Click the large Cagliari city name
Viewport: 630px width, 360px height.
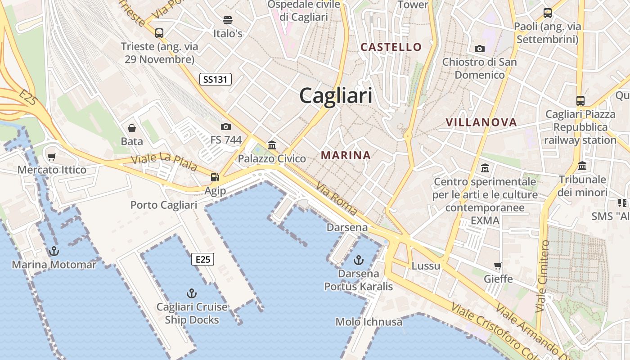(336, 96)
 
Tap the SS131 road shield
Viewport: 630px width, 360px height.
(216, 80)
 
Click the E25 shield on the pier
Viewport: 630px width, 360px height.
(202, 259)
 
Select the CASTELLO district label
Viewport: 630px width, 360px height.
(391, 47)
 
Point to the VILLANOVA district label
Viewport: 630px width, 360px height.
(481, 122)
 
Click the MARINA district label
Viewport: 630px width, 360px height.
(346, 155)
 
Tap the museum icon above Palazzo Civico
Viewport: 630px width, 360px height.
(272, 145)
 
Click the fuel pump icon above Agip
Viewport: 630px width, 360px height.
(215, 177)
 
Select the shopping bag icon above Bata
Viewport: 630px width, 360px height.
(132, 128)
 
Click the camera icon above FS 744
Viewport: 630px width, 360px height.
(226, 126)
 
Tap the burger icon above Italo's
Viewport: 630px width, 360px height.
(228, 20)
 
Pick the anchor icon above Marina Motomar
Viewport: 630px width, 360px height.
(54, 251)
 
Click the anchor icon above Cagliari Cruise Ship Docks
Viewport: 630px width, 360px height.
(192, 293)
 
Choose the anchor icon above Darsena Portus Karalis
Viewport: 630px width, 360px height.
(359, 260)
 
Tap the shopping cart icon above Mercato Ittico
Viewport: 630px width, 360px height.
(52, 157)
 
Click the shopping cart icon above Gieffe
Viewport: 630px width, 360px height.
(498, 265)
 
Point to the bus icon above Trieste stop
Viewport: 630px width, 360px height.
(159, 33)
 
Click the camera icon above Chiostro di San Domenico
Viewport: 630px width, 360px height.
(480, 49)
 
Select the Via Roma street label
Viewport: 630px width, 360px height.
(337, 198)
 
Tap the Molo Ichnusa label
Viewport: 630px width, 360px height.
(369, 322)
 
